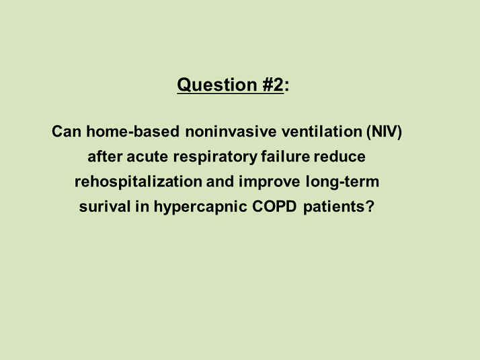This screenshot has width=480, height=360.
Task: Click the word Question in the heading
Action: (217, 85)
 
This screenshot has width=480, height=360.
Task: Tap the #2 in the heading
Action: (273, 85)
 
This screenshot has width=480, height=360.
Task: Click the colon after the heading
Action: (286, 86)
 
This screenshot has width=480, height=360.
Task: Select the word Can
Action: (67, 131)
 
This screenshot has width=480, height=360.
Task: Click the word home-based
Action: (132, 131)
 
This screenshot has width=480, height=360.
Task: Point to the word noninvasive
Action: (231, 131)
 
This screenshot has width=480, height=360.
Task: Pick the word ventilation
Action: (322, 131)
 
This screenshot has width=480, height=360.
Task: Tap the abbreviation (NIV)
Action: (385, 132)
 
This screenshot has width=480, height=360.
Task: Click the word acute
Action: (147, 157)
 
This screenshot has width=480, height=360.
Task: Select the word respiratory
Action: (216, 157)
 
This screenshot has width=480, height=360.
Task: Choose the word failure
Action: (286, 156)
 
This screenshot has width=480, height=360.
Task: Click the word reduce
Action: (339, 156)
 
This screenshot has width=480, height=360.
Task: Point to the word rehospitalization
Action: (138, 182)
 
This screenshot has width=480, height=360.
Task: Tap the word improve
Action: (270, 182)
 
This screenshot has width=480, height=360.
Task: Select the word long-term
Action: (343, 182)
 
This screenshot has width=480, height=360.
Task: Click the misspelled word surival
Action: (105, 206)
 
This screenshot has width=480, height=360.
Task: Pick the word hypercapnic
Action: (200, 207)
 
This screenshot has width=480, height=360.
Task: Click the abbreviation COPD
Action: (274, 206)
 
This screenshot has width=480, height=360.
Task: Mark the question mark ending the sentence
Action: (370, 206)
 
